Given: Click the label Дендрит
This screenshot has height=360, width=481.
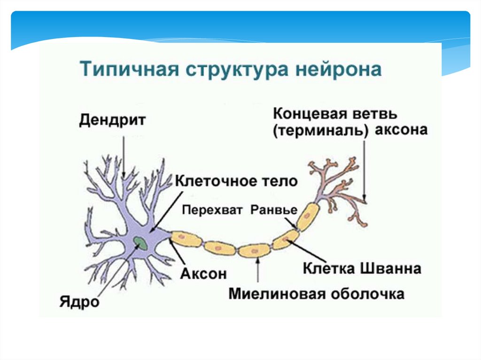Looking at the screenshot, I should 112,119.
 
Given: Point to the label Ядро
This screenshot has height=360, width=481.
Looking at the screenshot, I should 79,301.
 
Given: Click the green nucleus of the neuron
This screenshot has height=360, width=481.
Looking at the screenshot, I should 140,242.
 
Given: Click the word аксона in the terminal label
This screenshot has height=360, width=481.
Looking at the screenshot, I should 401,130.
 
